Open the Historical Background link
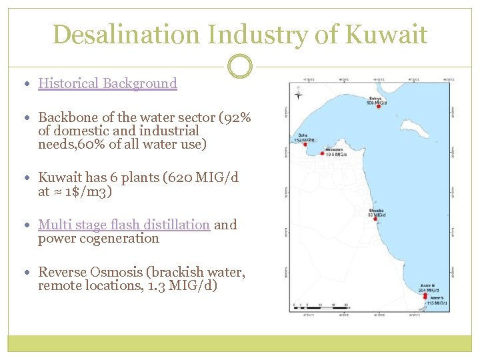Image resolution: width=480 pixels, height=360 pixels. coord(107,83)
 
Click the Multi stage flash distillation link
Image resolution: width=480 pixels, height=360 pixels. coord(124,225)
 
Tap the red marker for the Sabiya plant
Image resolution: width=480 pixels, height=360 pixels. coord(378,107)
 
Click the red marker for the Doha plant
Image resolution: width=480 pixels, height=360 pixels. coord(305,144)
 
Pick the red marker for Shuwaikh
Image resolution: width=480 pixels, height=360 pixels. coord(322,153)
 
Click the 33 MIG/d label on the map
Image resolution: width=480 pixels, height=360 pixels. coord(377,215)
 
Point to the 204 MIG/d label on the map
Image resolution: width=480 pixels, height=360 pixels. coord(427,290)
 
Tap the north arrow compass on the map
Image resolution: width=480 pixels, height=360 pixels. coord(298,95)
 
